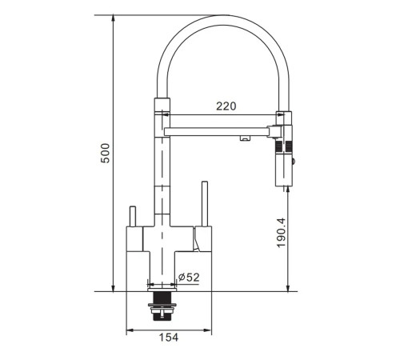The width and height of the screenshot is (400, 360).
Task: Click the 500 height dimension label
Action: (x=106, y=153)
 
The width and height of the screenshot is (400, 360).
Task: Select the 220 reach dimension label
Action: (x=226, y=106)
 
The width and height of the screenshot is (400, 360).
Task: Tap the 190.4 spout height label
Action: (x=282, y=233)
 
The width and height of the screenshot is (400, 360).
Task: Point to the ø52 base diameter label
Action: (x=189, y=278)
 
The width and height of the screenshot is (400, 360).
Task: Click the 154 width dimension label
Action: (x=169, y=338)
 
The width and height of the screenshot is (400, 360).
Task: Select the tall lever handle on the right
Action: (x=205, y=204)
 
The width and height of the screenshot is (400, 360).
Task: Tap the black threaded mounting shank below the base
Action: (x=162, y=306)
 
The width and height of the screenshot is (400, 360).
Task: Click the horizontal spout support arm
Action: (x=218, y=131)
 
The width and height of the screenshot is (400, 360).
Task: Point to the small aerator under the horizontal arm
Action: (x=245, y=138)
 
